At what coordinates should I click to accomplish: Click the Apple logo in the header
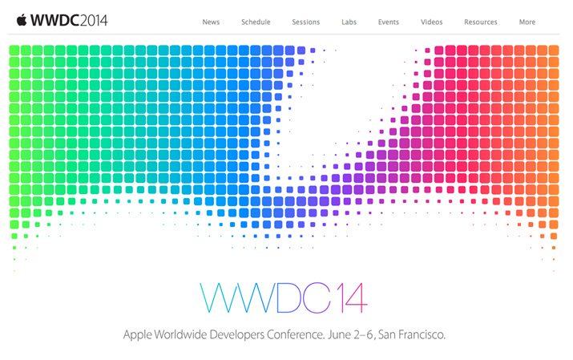pos(22,20)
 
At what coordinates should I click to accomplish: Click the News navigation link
pos(211,22)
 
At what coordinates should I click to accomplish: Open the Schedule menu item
pos(256,22)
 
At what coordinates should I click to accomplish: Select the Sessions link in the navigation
pos(306,22)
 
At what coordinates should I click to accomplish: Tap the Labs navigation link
pos(349,22)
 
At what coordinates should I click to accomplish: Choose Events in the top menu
pos(389,22)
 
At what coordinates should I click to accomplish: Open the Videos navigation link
pos(432,22)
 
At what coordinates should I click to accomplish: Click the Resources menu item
pos(481,22)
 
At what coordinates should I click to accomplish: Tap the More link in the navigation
pos(527,22)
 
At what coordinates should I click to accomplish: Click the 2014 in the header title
pos(94,21)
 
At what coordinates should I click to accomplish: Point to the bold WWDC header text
pos(55,21)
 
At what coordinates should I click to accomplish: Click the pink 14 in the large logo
pos(352,297)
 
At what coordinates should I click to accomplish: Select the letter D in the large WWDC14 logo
pos(289,297)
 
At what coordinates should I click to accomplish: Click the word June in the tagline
pos(339,334)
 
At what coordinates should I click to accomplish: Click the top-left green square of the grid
pos(14,50)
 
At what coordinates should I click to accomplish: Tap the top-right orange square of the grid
pos(554,50)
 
